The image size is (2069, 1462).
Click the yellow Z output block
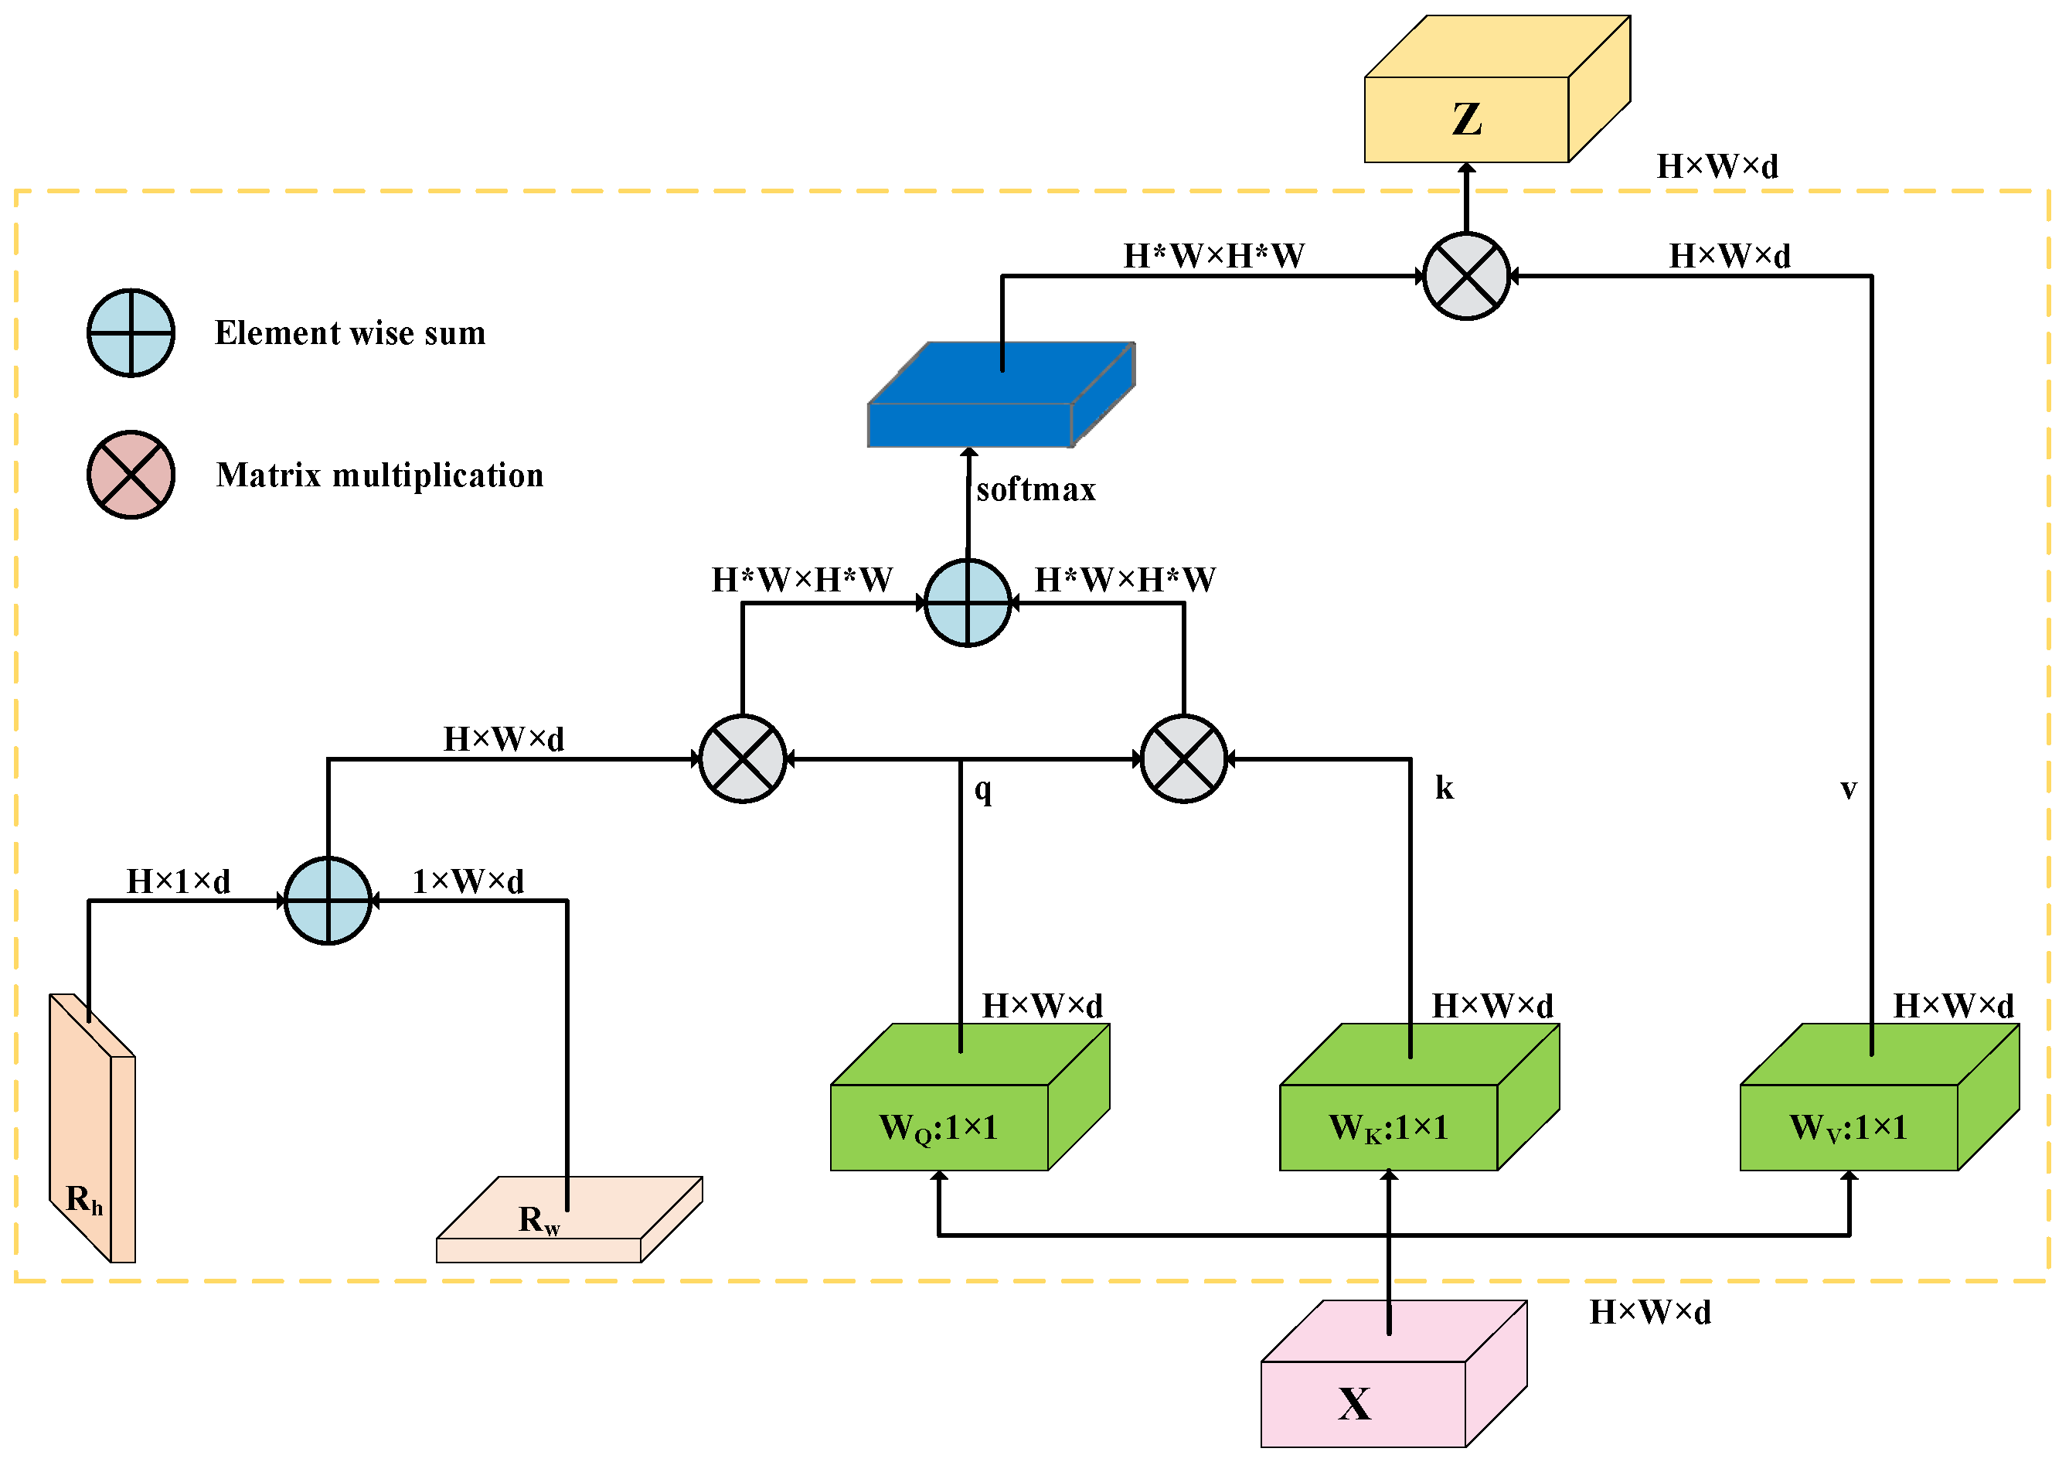pyautogui.click(x=1467, y=119)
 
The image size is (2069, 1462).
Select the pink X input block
pyautogui.click(x=1363, y=1403)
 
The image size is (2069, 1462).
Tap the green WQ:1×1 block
pyautogui.click(x=939, y=1126)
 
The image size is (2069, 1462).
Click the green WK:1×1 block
pyautogui.click(x=1389, y=1126)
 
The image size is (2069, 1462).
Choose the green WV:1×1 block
pyautogui.click(x=1850, y=1126)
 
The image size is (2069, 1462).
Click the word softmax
pyautogui.click(x=1036, y=489)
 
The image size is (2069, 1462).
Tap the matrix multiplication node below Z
pyautogui.click(x=1466, y=277)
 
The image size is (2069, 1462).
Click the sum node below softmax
pyautogui.click(x=968, y=603)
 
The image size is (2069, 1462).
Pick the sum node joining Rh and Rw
pyautogui.click(x=328, y=901)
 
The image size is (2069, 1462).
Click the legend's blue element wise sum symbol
pyautogui.click(x=131, y=332)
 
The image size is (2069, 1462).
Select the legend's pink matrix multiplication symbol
pyautogui.click(x=131, y=475)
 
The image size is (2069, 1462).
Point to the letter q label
pyautogui.click(x=983, y=789)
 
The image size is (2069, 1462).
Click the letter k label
pyautogui.click(x=1444, y=788)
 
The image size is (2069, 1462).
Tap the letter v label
pyautogui.click(x=1848, y=789)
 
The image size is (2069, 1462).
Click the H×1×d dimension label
pyautogui.click(x=179, y=881)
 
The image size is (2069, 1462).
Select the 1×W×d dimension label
pyautogui.click(x=468, y=881)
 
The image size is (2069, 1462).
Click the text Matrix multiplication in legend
pyautogui.click(x=379, y=475)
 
